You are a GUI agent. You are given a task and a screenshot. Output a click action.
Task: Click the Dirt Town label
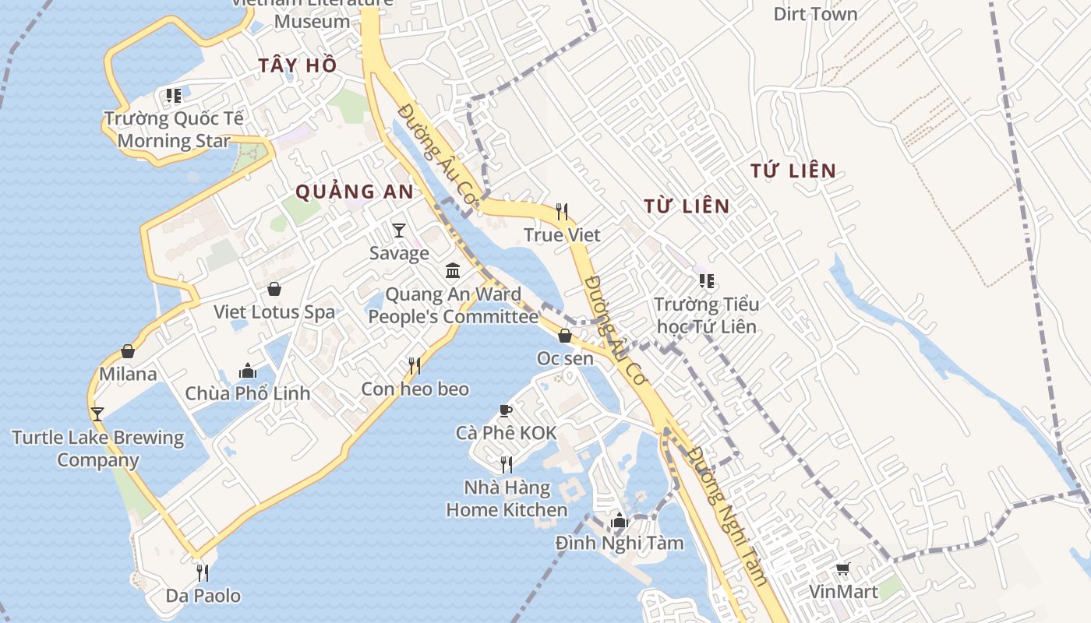[x=815, y=14]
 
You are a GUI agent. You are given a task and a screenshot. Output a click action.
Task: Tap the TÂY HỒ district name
[x=298, y=65]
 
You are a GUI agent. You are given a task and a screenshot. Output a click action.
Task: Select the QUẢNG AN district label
[x=355, y=192]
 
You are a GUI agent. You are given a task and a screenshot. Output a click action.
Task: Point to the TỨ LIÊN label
[x=793, y=171]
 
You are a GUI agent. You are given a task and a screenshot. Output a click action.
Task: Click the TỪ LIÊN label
[x=687, y=206]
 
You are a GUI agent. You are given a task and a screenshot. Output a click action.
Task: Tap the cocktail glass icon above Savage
[x=399, y=230]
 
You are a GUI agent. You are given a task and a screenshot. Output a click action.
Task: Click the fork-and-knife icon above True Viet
[x=562, y=211]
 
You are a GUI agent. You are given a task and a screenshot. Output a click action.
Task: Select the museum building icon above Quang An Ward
[x=453, y=271]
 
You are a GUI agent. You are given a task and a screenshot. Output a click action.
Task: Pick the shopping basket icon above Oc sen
[x=565, y=336]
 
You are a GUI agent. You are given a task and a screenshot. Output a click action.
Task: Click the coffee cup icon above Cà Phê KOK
[x=506, y=410]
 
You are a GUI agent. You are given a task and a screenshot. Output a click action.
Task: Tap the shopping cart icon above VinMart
[x=842, y=569]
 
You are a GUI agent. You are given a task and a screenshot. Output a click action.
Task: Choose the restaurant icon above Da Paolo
[x=203, y=573]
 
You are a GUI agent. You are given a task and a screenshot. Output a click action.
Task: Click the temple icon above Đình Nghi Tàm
[x=620, y=520]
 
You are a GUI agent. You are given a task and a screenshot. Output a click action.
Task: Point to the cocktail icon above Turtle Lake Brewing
[x=97, y=414]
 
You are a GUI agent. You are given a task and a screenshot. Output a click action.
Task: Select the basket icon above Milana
[x=128, y=351]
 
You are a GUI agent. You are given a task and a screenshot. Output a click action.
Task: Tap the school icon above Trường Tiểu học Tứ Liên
[x=706, y=280]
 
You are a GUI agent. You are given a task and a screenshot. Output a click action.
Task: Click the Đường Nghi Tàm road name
[x=728, y=517]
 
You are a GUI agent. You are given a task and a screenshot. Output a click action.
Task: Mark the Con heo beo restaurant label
[x=415, y=389]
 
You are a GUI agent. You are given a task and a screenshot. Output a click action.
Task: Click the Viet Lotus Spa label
[x=274, y=312]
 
